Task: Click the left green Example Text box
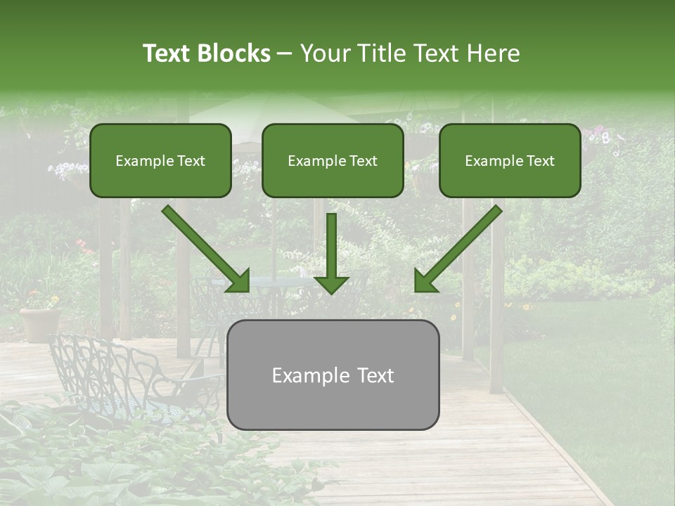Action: (160, 160)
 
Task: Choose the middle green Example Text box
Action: (333, 160)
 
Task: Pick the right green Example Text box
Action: (510, 160)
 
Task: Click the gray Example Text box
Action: (333, 375)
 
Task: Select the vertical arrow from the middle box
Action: (331, 246)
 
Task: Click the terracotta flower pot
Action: (40, 324)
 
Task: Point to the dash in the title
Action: (284, 54)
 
